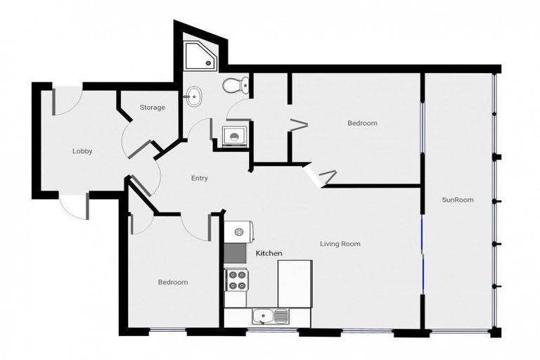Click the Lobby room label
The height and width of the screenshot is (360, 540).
click(82, 151)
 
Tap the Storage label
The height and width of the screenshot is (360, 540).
click(152, 108)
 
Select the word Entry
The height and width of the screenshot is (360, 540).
click(200, 179)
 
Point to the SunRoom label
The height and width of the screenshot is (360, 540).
click(458, 200)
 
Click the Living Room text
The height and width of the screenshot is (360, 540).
click(340, 244)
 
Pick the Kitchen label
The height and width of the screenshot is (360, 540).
click(269, 252)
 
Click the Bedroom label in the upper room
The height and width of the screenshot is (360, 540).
click(362, 123)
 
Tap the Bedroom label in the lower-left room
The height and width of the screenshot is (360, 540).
click(172, 282)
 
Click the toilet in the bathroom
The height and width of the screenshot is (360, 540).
click(235, 86)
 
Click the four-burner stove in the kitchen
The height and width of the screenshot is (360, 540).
click(236, 279)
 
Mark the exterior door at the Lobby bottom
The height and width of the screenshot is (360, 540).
click(73, 206)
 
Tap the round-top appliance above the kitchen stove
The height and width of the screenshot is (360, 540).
click(239, 231)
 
